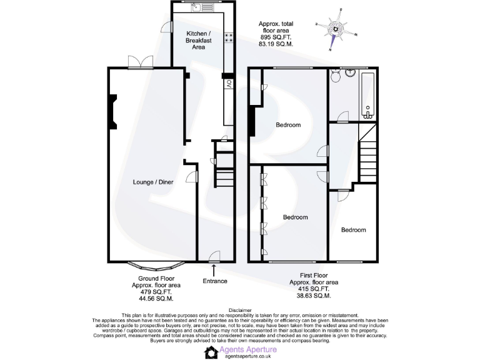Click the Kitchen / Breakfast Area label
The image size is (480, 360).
pyautogui.click(x=198, y=40)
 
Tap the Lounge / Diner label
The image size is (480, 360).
pyautogui.click(x=153, y=182)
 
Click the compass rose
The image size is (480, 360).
pyautogui.click(x=337, y=28)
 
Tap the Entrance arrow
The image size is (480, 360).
pyautogui.click(x=214, y=269)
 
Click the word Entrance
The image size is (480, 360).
pyautogui.click(x=214, y=281)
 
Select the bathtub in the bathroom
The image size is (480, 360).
pyautogui.click(x=367, y=94)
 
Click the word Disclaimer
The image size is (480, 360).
pyautogui.click(x=240, y=310)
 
